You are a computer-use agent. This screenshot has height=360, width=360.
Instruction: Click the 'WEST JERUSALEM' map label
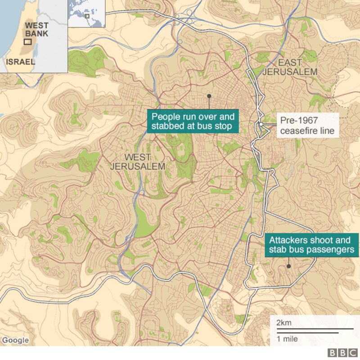click(x=138, y=162)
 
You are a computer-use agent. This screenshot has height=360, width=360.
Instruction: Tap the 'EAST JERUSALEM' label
click(x=291, y=67)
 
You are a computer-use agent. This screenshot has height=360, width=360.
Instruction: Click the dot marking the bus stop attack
click(x=209, y=96)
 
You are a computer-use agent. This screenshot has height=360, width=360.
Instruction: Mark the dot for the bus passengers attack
click(x=288, y=266)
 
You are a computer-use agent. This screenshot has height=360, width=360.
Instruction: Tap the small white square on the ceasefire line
click(x=261, y=124)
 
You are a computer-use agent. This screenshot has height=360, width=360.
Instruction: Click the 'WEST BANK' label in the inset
click(x=36, y=30)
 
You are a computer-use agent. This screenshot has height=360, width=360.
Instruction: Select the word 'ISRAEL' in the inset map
click(x=20, y=62)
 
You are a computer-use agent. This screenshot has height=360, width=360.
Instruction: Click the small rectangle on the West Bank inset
click(x=28, y=41)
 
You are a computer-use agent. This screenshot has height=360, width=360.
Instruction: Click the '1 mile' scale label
click(x=287, y=339)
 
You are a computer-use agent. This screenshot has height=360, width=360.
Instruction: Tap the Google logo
click(x=15, y=340)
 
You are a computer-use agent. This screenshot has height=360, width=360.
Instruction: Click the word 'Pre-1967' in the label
click(x=298, y=120)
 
